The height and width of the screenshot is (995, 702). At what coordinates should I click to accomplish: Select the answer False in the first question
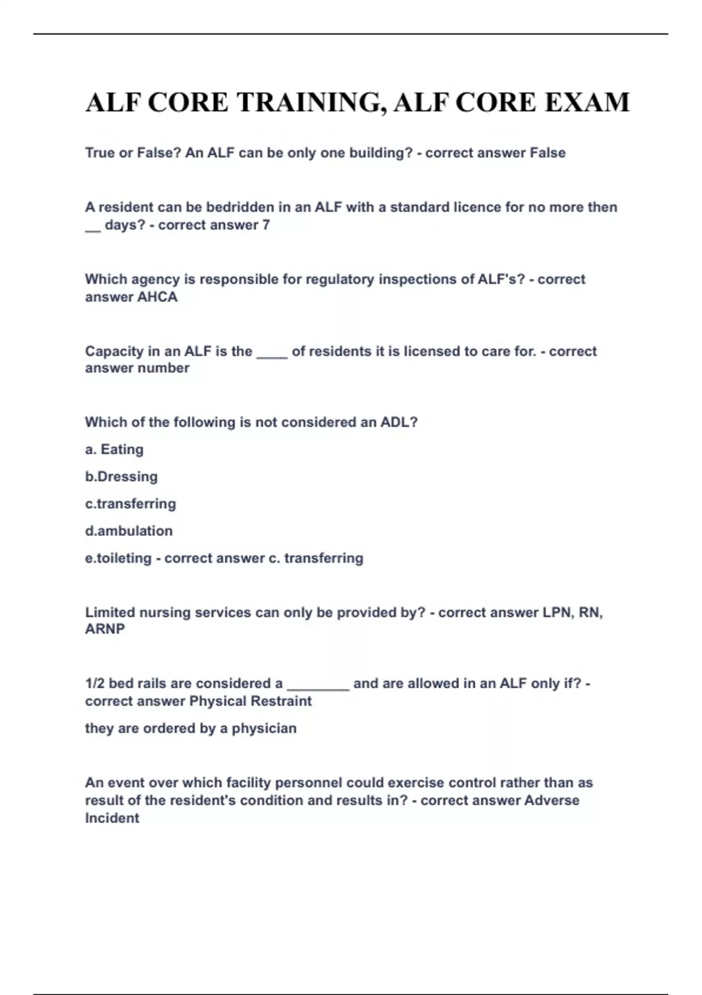548,153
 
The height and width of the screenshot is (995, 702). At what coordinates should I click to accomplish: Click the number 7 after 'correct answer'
266,225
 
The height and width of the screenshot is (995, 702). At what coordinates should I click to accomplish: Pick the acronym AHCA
157,297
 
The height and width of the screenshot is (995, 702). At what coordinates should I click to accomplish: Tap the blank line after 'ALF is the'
272,353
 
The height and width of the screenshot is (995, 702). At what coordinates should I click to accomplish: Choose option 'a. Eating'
114,450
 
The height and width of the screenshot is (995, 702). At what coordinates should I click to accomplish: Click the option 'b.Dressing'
121,476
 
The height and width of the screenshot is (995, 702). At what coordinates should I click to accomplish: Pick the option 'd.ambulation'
129,531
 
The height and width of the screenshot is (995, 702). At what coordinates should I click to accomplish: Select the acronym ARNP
105,629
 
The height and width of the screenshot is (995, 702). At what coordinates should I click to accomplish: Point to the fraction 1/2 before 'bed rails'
95,683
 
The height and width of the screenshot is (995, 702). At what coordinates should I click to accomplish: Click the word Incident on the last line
112,818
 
